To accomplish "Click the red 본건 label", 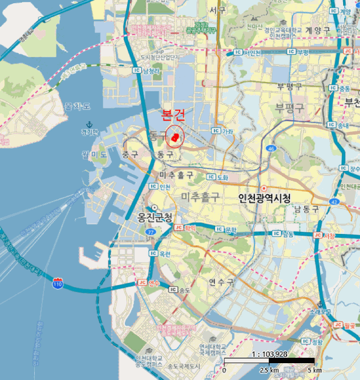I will (x=173, y=116).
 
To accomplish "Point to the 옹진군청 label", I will (x=155, y=218).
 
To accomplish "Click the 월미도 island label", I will (x=96, y=155).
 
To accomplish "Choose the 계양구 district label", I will (x=317, y=31).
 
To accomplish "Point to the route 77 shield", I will (x=150, y=232).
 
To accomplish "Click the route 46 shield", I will (x=271, y=148).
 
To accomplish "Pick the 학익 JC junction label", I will (x=185, y=229).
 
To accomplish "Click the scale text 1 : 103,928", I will (x=270, y=354).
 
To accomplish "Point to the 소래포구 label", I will (x=321, y=312).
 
